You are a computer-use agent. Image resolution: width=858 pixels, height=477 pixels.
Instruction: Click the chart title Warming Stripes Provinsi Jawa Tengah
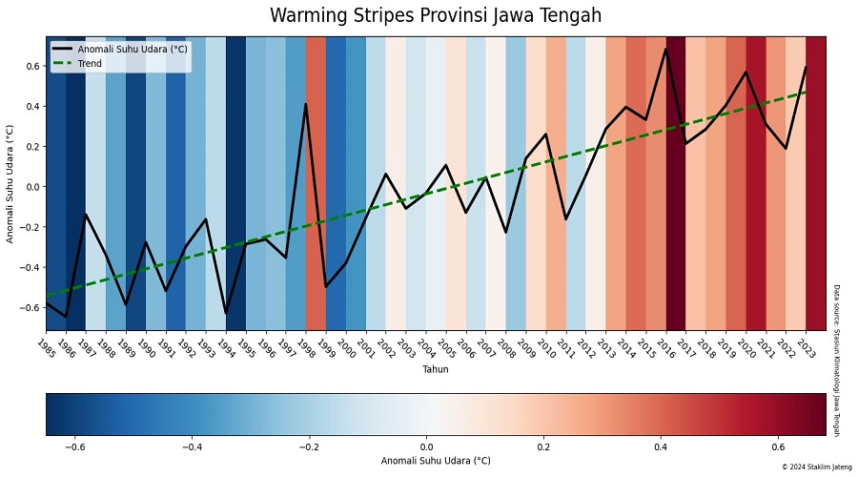pos(436,16)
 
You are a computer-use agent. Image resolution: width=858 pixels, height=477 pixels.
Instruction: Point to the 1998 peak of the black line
pos(305,104)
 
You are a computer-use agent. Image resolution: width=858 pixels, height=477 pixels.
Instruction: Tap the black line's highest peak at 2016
pos(665,49)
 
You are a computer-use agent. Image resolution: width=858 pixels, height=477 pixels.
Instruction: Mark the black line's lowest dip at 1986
pos(66,317)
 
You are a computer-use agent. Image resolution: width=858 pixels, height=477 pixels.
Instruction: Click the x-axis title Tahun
pos(436,369)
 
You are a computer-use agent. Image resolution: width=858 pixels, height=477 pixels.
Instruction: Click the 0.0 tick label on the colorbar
pos(426,446)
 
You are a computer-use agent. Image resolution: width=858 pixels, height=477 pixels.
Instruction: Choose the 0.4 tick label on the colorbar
pos(660,446)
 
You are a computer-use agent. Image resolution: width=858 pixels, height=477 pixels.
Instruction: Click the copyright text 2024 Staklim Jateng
pos(811,467)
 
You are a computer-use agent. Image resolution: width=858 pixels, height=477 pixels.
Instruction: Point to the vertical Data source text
pos(837,360)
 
